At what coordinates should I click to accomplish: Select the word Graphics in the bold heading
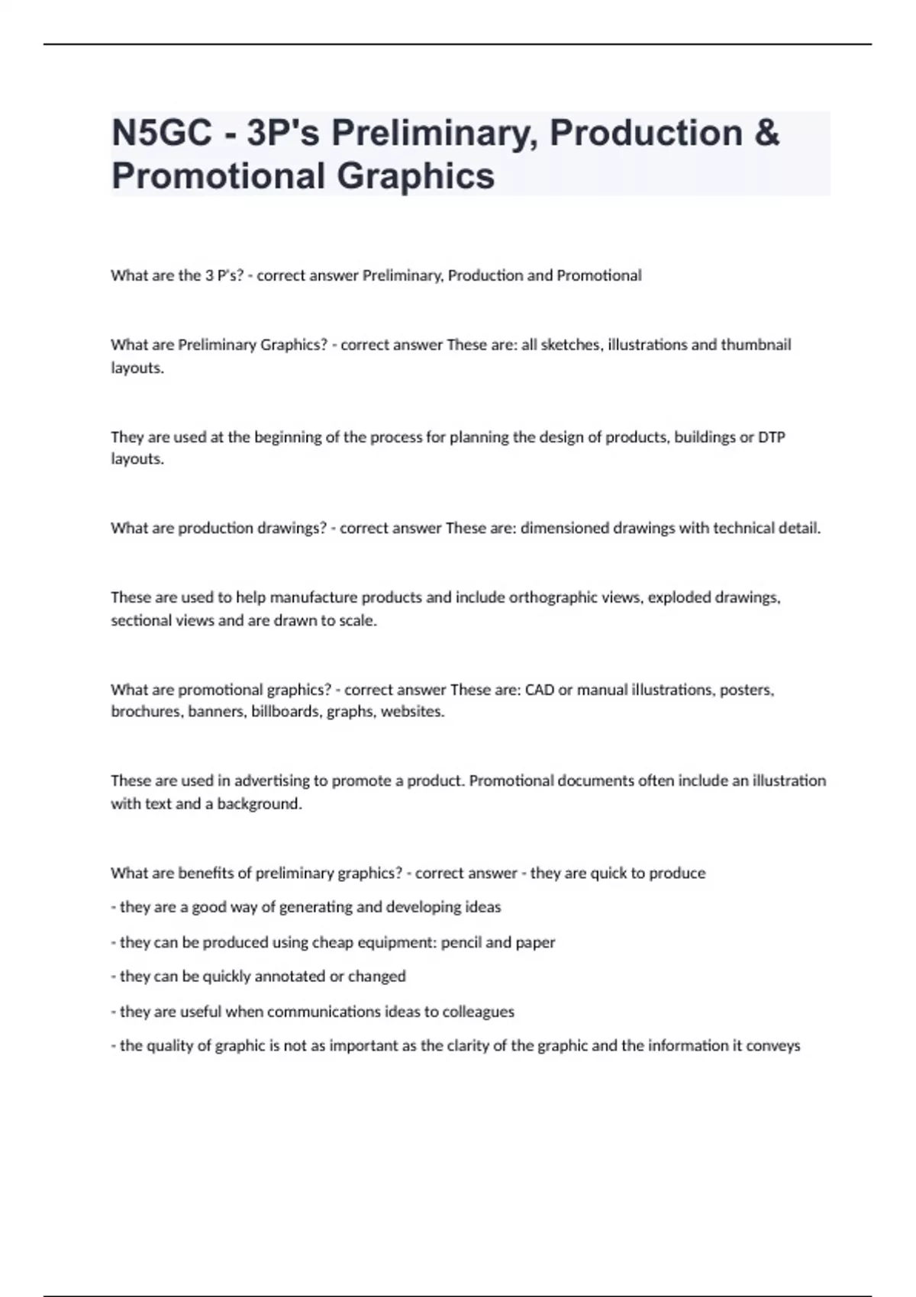(415, 175)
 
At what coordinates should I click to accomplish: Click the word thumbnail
(756, 345)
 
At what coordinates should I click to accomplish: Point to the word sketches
(570, 345)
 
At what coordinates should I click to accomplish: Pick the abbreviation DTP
(771, 437)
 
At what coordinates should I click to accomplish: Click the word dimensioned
(565, 528)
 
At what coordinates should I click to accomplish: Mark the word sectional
(140, 620)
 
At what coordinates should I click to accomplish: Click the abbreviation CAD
(540, 690)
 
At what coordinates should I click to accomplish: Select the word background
(260, 803)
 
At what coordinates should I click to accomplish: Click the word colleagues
(478, 1012)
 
